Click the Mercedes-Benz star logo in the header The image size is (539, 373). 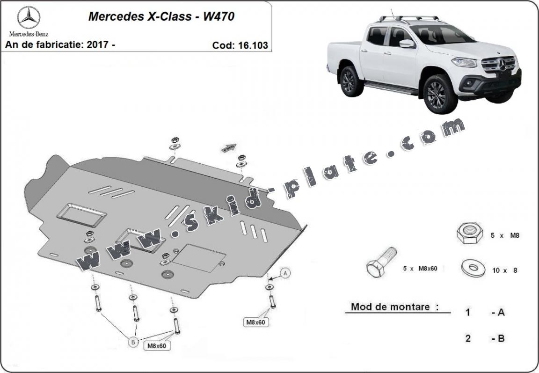(29, 17)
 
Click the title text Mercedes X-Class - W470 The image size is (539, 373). (161, 17)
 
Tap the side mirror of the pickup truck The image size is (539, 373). (407, 44)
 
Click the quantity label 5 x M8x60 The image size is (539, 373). (420, 269)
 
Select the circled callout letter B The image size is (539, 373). (133, 343)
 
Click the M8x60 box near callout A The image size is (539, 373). (255, 322)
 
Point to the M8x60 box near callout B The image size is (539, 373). (157, 346)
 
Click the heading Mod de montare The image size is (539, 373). (395, 307)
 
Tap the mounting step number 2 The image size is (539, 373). (468, 338)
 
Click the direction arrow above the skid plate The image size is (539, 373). (228, 148)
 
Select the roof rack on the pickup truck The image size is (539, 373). (409, 19)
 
